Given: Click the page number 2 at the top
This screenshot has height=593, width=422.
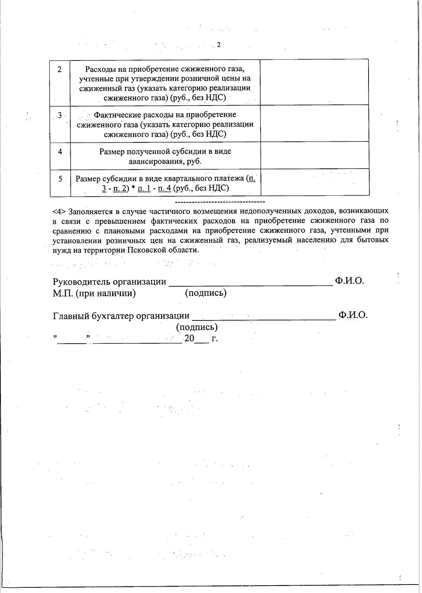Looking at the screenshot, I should pyautogui.click(x=218, y=45).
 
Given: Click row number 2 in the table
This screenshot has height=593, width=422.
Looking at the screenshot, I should pyautogui.click(x=60, y=69).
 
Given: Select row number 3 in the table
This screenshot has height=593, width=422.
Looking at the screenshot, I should pyautogui.click(x=60, y=115).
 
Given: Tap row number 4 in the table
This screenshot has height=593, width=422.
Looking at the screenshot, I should pyautogui.click(x=60, y=152).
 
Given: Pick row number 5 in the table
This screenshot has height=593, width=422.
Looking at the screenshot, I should pyautogui.click(x=60, y=179).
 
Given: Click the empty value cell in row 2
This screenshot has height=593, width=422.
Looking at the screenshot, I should pyautogui.click(x=314, y=82).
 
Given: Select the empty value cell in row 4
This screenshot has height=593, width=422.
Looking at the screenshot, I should pyautogui.click(x=314, y=155).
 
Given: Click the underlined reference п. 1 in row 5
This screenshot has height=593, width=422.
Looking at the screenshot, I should pyautogui.click(x=144, y=188).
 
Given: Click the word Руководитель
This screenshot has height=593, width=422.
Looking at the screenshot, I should pyautogui.click(x=82, y=282).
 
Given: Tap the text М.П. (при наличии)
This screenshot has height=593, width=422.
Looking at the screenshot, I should pyautogui.click(x=94, y=293).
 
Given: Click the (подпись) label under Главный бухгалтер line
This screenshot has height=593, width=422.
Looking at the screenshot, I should pyautogui.click(x=197, y=327).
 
